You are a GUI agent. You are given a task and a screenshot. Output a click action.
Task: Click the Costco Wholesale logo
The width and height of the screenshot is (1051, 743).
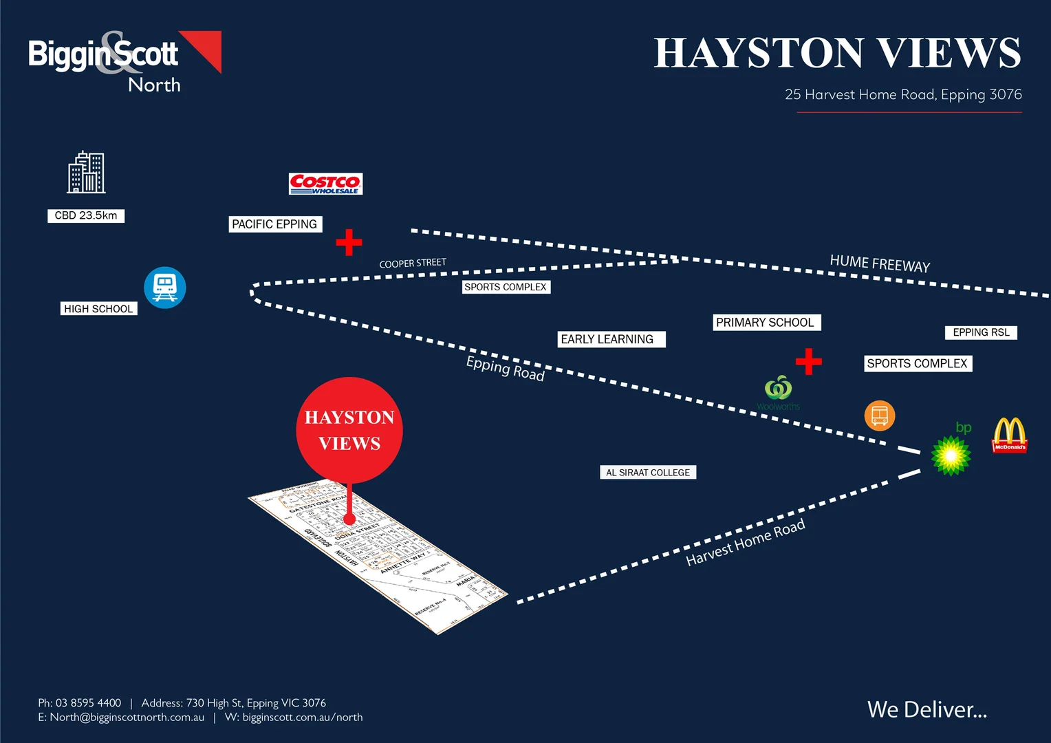(325, 184)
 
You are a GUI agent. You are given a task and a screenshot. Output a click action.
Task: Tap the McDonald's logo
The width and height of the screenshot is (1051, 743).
(1009, 435)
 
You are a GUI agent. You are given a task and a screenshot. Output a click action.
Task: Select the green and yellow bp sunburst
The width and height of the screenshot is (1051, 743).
(951, 455)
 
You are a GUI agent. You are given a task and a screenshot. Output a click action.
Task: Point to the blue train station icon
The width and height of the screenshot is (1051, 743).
(165, 288)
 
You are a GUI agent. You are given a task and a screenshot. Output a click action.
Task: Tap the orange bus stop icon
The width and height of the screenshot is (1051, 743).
(879, 416)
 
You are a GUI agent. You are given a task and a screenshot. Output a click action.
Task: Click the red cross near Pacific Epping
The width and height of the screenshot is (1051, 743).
(349, 242)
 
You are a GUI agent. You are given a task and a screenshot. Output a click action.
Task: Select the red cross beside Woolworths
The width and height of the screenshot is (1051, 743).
(808, 361)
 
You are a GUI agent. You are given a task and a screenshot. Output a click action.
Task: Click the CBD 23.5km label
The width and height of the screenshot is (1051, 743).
(86, 215)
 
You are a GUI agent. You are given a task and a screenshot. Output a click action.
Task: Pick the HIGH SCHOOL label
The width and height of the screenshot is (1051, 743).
(98, 309)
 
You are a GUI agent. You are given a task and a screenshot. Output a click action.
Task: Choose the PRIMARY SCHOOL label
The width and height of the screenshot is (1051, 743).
(766, 322)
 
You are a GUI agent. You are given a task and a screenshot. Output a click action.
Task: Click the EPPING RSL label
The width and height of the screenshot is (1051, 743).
(981, 332)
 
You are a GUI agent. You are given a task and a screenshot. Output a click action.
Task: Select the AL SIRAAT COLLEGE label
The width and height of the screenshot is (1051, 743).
(648, 473)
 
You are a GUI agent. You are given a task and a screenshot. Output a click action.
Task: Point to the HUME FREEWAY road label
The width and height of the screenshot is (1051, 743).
(880, 263)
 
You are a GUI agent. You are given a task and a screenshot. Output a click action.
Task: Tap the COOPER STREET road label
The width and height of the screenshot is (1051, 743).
(413, 263)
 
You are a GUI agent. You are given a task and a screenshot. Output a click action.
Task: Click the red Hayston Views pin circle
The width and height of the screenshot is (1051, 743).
(349, 429)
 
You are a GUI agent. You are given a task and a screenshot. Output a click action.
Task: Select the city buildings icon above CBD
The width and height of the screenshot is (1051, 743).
(86, 173)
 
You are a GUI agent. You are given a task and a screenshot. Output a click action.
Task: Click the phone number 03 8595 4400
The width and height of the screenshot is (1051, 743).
(88, 702)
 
